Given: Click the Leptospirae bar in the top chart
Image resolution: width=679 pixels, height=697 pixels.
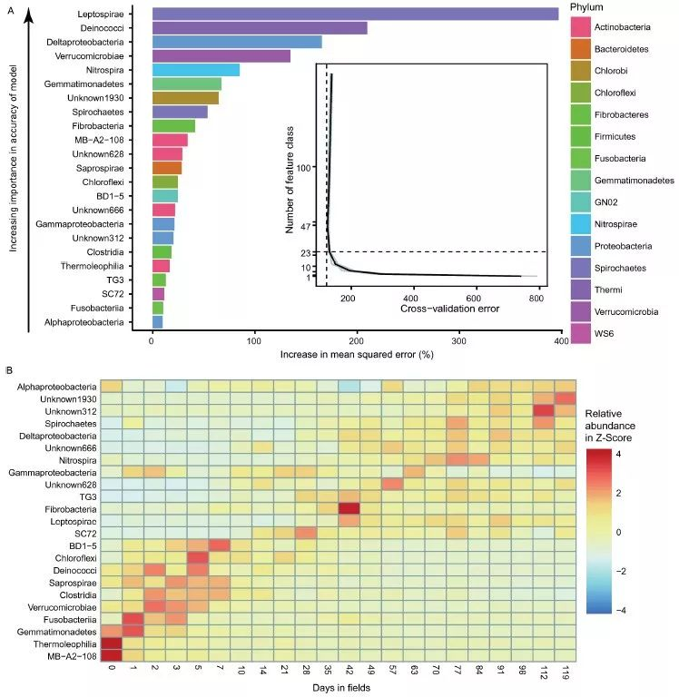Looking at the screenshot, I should point(354,14).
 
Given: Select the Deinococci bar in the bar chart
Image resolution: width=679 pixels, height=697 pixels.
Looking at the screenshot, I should point(260,28).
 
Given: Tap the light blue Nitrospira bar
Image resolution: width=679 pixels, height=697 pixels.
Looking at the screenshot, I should point(195,70).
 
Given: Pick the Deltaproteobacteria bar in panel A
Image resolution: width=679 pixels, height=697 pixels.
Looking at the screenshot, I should point(237,42).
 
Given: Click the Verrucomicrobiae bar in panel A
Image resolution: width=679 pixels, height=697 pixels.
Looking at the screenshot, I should point(221,56).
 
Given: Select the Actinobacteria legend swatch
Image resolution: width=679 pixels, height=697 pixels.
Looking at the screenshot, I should point(581,27).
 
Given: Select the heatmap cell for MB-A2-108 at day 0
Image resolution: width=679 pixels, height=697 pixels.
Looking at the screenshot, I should point(111,654).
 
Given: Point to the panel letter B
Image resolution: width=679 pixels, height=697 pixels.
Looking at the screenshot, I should point(9,369).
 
